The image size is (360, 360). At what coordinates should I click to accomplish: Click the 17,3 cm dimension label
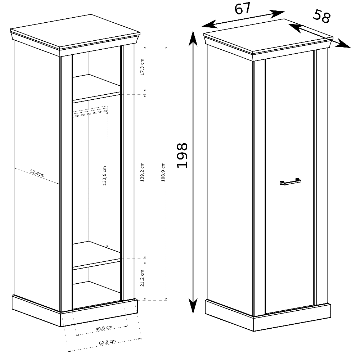click(x=142, y=67)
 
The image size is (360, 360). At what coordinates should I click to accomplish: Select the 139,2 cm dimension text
click(x=142, y=172)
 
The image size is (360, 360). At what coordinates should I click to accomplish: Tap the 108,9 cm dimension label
click(x=163, y=172)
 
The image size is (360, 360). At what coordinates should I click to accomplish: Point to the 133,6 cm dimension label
click(x=104, y=176)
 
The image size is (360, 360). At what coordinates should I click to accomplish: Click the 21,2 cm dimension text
click(x=142, y=278)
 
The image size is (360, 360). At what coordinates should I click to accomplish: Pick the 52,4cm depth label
click(x=37, y=173)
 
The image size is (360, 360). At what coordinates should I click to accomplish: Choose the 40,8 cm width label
click(x=104, y=328)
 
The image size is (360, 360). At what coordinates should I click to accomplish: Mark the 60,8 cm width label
click(x=107, y=342)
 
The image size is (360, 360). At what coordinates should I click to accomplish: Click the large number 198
click(x=182, y=156)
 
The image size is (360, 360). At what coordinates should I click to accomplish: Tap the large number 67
click(x=242, y=9)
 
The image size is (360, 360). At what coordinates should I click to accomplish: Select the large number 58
click(x=322, y=16)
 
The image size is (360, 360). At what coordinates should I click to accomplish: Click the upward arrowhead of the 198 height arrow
click(x=193, y=39)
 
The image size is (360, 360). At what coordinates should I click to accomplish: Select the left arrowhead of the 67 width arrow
click(x=210, y=24)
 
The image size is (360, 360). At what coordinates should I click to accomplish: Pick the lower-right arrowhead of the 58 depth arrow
click(x=343, y=44)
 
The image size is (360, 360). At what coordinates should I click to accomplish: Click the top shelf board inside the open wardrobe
click(x=96, y=88)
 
